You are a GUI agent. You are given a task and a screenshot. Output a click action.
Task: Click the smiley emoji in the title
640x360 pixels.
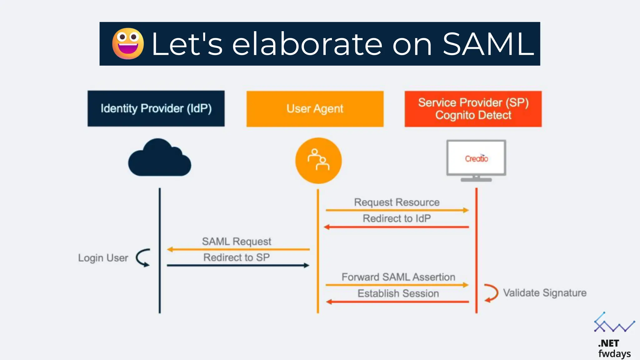coord(128,44)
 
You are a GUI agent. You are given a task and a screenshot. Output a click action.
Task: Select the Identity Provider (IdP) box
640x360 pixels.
coord(156,108)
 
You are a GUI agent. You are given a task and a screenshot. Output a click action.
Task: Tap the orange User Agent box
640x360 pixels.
coord(315,109)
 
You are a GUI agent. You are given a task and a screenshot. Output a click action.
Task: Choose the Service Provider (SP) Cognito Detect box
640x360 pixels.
coord(473,109)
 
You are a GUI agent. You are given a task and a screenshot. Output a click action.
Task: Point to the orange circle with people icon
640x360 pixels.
coord(318,160)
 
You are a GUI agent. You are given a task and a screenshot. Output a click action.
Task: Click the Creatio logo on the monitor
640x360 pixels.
coord(476,158)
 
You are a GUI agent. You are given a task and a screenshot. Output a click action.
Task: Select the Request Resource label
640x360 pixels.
coord(397,202)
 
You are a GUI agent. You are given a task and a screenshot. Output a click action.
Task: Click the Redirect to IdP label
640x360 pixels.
coord(397,218)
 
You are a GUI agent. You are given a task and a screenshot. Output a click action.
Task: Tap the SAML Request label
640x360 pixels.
coord(237,241)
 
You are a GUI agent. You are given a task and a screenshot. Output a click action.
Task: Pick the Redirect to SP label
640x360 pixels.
coord(237,257)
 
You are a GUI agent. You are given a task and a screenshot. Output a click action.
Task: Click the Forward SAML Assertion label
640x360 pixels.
coord(398,277)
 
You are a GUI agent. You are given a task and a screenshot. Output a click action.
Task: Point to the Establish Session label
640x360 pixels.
coord(398,293)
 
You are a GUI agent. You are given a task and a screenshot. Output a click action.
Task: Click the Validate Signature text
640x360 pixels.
coord(545,293)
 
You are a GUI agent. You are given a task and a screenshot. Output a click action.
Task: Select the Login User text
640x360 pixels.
coord(103,258)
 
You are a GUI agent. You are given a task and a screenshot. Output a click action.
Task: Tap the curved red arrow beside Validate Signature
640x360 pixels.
coord(491,293)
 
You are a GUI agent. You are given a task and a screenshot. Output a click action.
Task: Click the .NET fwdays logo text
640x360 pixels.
coord(614,348)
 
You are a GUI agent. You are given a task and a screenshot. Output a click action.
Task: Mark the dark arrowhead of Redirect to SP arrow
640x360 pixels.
coord(307,265)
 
